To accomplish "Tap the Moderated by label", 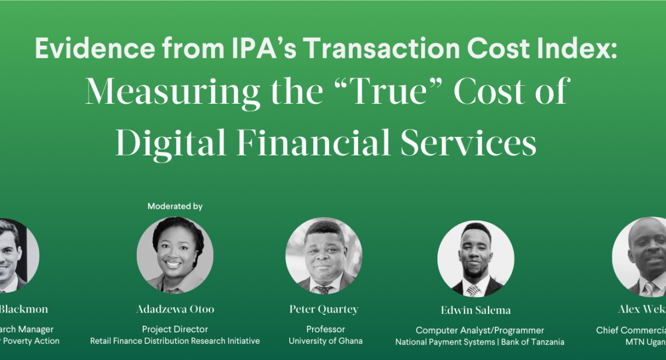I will pos(175,206).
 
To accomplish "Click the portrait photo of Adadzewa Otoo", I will pos(175,254).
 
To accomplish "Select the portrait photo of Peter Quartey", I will pos(324,255).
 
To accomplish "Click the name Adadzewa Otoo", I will pos(175,310).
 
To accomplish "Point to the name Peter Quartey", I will pos(324,310).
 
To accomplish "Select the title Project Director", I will pos(175,329).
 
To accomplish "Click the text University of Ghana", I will pos(325,341).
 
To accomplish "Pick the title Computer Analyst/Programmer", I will pos(479,331).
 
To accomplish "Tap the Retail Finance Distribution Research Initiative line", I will pos(175,341).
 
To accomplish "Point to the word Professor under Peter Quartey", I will pos(325,329).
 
